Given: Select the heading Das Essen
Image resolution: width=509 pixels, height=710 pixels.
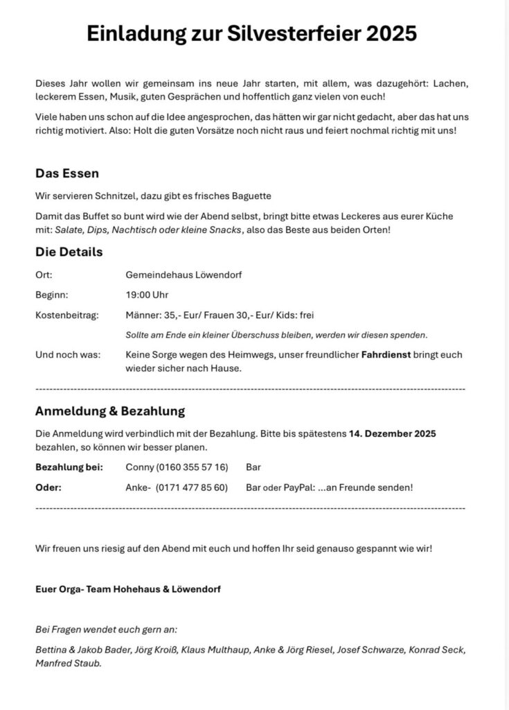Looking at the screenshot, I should click(67, 173).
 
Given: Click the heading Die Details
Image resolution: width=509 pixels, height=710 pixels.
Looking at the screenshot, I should click(69, 252).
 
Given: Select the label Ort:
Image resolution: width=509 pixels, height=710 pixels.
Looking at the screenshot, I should click(44, 275).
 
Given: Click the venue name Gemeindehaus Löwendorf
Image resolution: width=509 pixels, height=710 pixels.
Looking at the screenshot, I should click(184, 275).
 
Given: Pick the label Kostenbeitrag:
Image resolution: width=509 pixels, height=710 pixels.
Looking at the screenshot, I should click(67, 315).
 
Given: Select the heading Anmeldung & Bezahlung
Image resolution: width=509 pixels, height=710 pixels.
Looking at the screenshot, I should click(110, 411).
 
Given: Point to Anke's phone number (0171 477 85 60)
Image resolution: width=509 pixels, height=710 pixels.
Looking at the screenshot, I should click(193, 487).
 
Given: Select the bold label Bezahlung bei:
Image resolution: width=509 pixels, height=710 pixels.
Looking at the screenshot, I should click(69, 467).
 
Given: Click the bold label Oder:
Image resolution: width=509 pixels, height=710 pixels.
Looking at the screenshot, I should click(48, 487).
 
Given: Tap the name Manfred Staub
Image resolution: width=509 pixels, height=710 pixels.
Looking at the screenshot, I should click(69, 663).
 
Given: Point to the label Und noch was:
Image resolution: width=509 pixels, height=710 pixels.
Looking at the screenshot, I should click(67, 355).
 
